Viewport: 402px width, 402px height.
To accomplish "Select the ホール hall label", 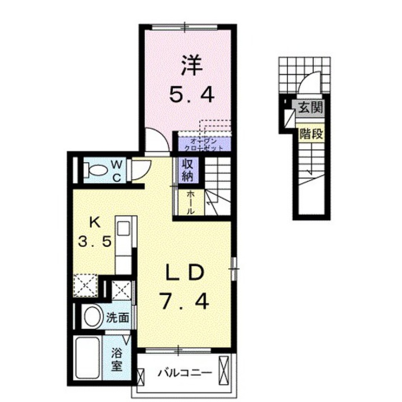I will pos(189,202).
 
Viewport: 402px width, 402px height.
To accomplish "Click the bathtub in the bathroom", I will pos(88,358).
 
